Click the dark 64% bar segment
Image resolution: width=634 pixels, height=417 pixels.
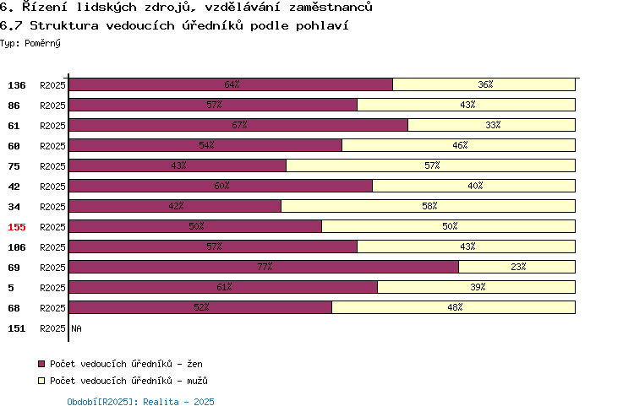tap(231, 84)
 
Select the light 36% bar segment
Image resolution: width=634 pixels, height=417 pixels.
tap(484, 84)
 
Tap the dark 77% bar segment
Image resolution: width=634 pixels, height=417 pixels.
tap(264, 267)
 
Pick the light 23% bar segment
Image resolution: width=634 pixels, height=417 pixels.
tap(517, 267)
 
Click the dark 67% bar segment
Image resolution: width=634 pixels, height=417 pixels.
tap(238, 125)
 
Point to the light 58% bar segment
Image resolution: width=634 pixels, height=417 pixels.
tap(429, 206)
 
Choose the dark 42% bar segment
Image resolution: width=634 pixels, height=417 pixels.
tap(175, 206)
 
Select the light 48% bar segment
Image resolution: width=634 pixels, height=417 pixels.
tap(454, 307)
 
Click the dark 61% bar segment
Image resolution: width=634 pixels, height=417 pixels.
tap(223, 287)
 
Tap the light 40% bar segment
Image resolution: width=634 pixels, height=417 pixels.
tap(474, 186)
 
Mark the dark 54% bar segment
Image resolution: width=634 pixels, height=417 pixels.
tap(205, 145)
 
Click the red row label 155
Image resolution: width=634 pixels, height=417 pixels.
tap(17, 227)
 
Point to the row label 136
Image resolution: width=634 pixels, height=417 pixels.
tap(17, 85)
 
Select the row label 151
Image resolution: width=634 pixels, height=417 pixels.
tap(17, 328)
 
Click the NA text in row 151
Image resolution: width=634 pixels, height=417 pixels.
tap(76, 328)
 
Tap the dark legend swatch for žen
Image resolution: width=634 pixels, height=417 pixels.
tap(41, 364)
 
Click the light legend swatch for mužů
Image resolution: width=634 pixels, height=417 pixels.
tap(41, 381)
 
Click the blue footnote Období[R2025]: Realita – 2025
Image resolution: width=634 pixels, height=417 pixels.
tap(140, 402)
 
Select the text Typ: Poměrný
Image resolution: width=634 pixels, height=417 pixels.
tap(30, 43)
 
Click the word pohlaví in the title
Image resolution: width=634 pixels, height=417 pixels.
tap(322, 26)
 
